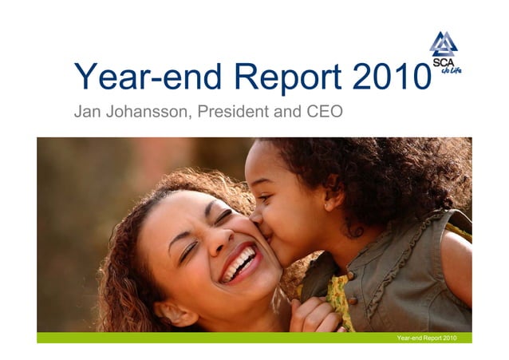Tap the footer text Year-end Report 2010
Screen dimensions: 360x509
click(432, 338)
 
